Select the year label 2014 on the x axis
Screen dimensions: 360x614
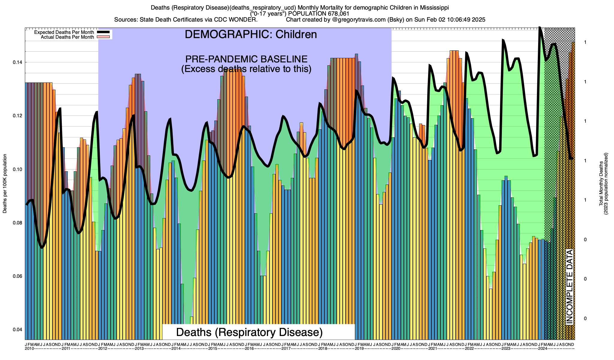176,349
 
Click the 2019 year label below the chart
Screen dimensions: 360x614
359,349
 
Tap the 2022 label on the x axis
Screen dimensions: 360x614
469,349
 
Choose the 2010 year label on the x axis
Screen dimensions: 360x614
29,349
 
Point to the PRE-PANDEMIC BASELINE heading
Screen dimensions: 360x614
246,59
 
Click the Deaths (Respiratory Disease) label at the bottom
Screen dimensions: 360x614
249,332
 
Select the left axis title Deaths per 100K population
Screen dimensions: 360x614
5,184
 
